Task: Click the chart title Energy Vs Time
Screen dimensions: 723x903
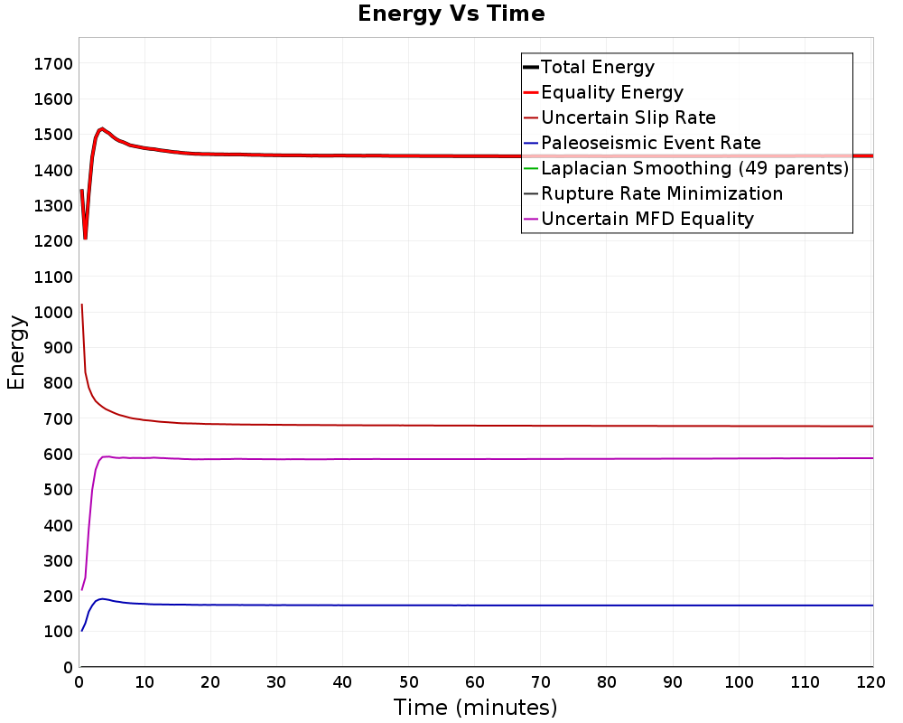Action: (x=451, y=14)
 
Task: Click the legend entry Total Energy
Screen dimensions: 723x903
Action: (x=597, y=67)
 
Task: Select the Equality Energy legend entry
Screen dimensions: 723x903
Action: (x=611, y=92)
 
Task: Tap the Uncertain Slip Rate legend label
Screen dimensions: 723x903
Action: (x=628, y=117)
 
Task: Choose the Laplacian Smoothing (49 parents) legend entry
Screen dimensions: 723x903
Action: (x=694, y=168)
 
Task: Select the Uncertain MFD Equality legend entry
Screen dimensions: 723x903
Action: (x=647, y=219)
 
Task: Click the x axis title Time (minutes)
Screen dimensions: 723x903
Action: (x=475, y=707)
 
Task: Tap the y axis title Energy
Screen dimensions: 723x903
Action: (x=15, y=352)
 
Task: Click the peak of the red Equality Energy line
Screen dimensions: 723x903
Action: (x=102, y=128)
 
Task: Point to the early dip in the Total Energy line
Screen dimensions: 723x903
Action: (x=85, y=238)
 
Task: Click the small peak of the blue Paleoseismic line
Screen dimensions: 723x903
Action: (x=102, y=598)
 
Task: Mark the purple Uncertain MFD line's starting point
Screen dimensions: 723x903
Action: (x=82, y=590)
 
